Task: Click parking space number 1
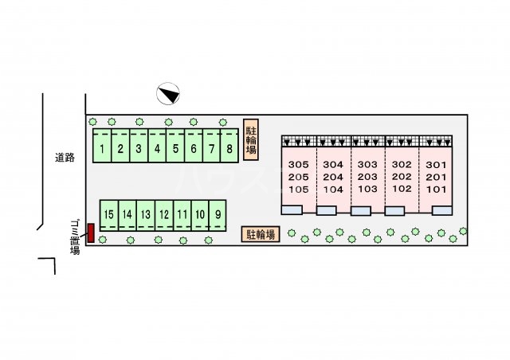(102, 148)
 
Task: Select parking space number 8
(229, 148)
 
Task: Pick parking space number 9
(218, 214)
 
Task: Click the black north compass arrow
(169, 94)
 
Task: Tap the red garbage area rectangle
(91, 234)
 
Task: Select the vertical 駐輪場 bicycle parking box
(250, 140)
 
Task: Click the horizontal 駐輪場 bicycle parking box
(261, 234)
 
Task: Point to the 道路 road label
(65, 158)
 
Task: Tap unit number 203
(367, 177)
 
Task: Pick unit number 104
(333, 190)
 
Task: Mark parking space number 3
(139, 148)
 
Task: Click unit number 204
(333, 177)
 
